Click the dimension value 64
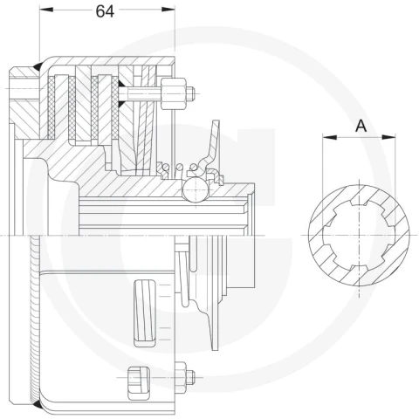105,11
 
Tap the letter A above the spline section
361,126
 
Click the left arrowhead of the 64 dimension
46,10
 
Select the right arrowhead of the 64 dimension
168,10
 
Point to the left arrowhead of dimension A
330,137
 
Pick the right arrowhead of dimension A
388,137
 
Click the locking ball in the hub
196,189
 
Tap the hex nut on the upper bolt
174,93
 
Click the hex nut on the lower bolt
181,377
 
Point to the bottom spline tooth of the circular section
359,267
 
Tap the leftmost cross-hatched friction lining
52,106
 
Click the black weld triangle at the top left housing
38,66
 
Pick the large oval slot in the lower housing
144,313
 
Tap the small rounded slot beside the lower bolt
139,383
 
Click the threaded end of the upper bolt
190,93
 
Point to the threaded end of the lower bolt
190,377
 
